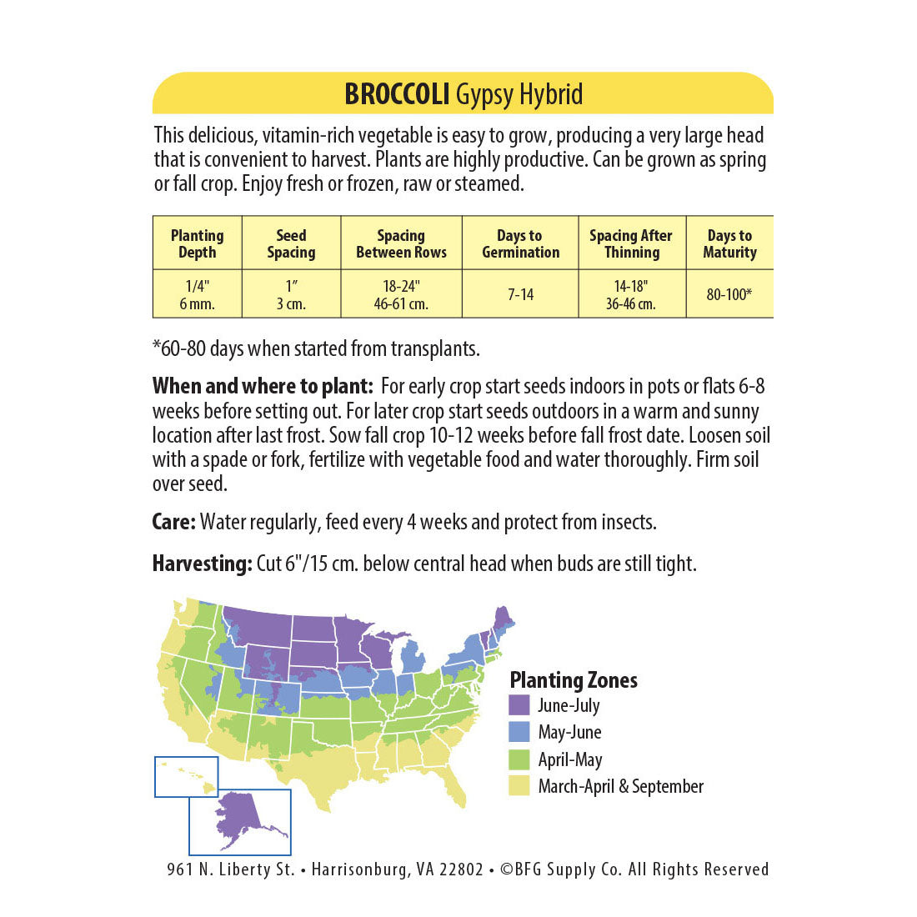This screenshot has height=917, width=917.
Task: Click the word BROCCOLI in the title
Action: coord(397,94)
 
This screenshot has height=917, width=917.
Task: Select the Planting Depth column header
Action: coord(198,243)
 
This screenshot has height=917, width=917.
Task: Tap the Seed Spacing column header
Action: coord(291,243)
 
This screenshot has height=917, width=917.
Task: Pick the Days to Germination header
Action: coord(520,243)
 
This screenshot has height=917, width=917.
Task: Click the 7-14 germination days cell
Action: coord(520,294)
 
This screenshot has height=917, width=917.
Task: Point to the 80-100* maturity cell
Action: coord(729,294)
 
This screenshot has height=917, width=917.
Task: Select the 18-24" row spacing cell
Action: coord(401,294)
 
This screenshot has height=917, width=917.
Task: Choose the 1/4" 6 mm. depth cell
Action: coord(198,294)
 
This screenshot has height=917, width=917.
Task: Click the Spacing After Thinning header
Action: coord(631,243)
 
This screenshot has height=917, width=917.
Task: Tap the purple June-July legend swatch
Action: coord(519,705)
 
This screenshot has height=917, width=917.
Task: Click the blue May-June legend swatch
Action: coord(519,732)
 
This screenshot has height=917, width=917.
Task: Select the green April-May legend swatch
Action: coord(519,759)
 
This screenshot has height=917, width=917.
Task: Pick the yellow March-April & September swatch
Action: coord(519,786)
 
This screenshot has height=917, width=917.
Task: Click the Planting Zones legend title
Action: coord(574,680)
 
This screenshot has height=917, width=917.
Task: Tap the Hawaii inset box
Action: coord(186,776)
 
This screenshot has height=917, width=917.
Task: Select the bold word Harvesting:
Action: coord(202,564)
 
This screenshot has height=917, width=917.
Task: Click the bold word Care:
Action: coord(173,523)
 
